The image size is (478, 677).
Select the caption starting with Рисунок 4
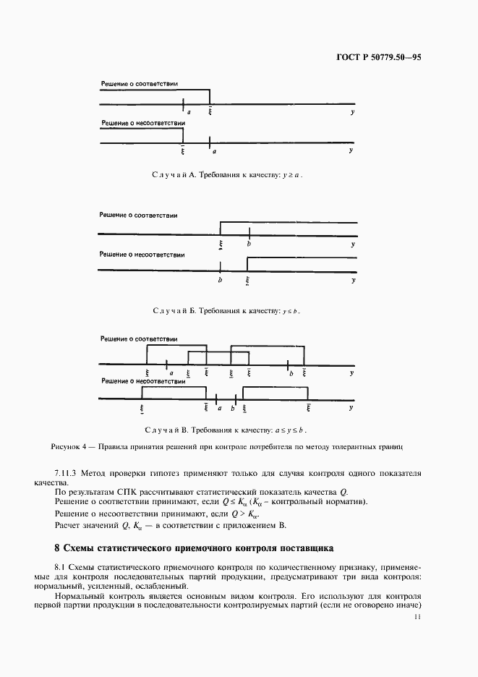point(227,447)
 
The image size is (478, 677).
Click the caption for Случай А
point(232,175)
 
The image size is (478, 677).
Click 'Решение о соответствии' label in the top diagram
point(139,84)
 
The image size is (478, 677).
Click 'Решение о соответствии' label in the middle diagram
point(139,216)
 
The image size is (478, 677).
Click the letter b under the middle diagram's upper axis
point(249,245)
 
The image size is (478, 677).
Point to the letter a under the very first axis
point(188,112)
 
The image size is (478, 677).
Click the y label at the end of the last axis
point(352,408)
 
